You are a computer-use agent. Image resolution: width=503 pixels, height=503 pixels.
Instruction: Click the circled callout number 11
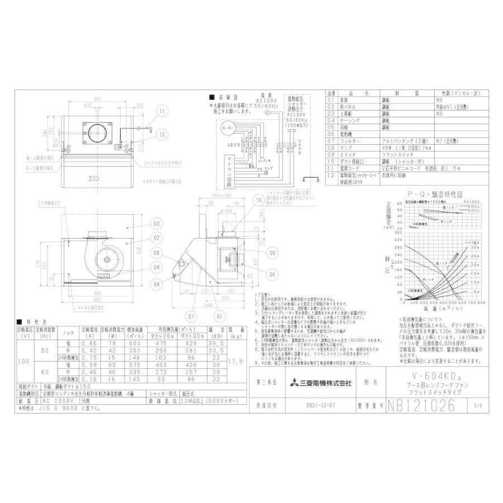162,112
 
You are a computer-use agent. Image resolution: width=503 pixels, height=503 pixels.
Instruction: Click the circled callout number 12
162,134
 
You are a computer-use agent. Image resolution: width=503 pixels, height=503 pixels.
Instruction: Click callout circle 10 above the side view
258,200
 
